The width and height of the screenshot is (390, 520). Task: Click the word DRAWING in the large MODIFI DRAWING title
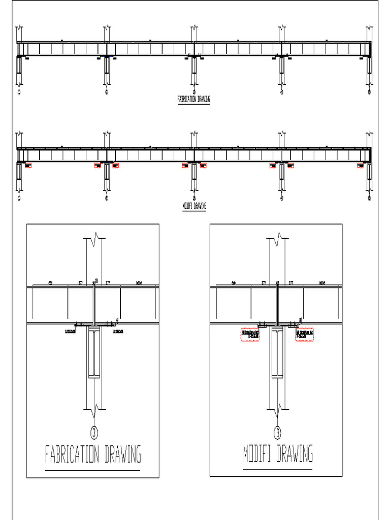tap(295, 454)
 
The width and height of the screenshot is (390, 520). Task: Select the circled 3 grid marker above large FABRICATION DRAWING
tap(94, 432)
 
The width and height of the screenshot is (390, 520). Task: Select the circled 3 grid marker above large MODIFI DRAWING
tap(277, 432)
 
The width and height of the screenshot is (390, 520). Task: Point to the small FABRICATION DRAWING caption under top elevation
tap(193, 100)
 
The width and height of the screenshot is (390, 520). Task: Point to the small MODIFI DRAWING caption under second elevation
tap(193, 206)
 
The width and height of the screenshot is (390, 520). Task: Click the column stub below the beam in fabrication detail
tap(94, 352)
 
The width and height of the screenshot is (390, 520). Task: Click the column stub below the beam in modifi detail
tap(277, 352)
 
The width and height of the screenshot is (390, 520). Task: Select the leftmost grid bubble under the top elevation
tap(19, 92)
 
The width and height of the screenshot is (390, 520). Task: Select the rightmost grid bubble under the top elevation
tap(369, 92)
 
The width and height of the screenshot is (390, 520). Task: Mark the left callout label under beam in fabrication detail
tap(70, 332)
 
